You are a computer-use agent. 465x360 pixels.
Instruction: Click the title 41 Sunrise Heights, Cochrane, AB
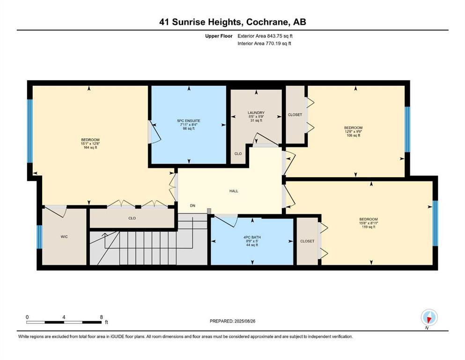pos(232,22)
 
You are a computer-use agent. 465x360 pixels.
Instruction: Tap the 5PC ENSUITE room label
pos(189,121)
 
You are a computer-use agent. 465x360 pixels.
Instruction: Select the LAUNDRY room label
pos(256,112)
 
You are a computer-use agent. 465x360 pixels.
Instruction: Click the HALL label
pos(234,191)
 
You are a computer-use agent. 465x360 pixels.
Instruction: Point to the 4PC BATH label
pos(253,238)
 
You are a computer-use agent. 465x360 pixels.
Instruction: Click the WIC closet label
pos(64,237)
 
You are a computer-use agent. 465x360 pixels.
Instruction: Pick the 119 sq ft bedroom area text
pos(368,227)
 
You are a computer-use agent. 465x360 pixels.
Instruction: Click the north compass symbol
pos(429,318)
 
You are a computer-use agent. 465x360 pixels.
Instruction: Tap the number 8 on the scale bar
pos(101,317)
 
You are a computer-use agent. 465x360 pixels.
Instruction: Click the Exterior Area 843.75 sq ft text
pos(266,36)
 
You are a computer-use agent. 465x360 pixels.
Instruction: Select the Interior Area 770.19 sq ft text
pos(265,44)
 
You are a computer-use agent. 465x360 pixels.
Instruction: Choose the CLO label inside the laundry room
pos(238,153)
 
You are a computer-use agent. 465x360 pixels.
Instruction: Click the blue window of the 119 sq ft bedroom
pos(435,223)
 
